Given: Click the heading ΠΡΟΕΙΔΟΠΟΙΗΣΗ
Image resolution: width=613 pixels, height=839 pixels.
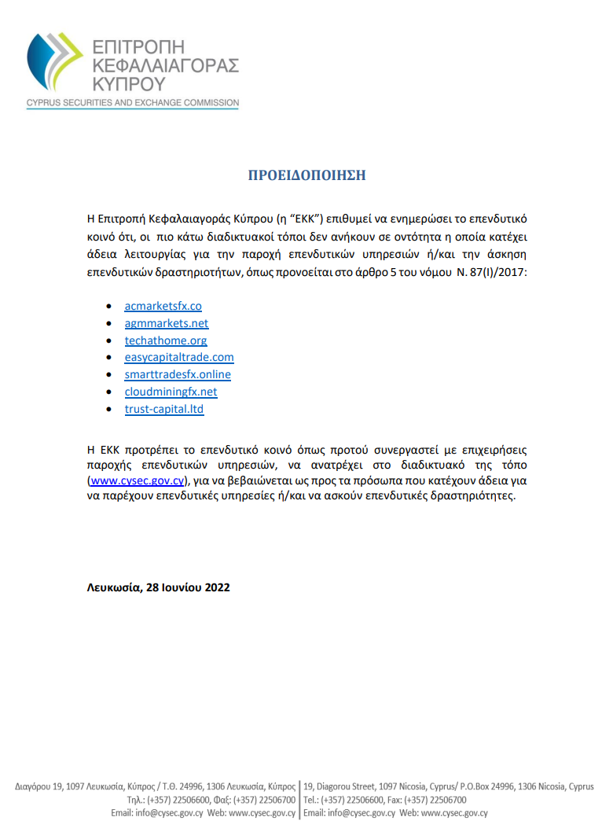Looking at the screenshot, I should pos(306,175).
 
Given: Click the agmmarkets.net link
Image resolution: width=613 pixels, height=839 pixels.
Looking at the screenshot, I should pos(167,323).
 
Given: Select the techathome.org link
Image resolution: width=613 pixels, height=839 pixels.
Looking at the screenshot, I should pos(166,340).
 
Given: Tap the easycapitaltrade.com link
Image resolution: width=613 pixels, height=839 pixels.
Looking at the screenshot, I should pos(179,357).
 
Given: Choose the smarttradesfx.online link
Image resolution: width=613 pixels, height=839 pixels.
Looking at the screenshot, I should pos(178,374).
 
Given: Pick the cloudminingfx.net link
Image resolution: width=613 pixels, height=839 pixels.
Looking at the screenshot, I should pos(171,392).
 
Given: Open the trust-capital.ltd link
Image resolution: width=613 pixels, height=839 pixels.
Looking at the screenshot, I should pos(164,409).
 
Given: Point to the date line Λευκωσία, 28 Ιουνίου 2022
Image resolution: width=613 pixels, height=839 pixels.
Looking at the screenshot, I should pos(158,587).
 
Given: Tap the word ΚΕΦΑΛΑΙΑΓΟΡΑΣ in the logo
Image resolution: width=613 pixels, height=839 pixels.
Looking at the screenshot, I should pos(164,64).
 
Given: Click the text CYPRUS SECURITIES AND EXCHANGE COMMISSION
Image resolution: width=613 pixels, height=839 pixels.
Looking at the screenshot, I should pos(132,103).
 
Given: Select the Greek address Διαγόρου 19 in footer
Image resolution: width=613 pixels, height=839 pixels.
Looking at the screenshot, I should pos(40,786).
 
